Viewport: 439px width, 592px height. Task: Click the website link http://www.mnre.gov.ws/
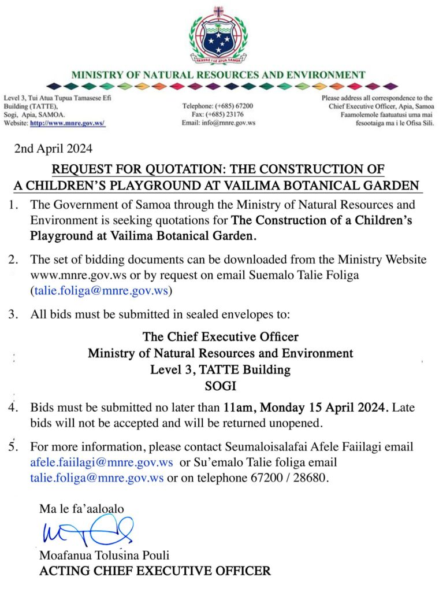(x=67, y=123)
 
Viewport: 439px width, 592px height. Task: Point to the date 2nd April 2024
(x=53, y=149)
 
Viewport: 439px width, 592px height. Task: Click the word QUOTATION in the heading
(x=184, y=170)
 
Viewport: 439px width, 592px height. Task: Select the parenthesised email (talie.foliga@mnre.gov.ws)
(x=100, y=291)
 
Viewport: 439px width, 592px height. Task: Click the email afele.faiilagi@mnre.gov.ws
(x=102, y=463)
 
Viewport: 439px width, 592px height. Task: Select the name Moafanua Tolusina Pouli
(x=104, y=556)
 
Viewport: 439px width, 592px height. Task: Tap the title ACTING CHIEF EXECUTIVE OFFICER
(x=154, y=571)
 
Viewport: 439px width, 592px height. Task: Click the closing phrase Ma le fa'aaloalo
(x=81, y=509)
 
